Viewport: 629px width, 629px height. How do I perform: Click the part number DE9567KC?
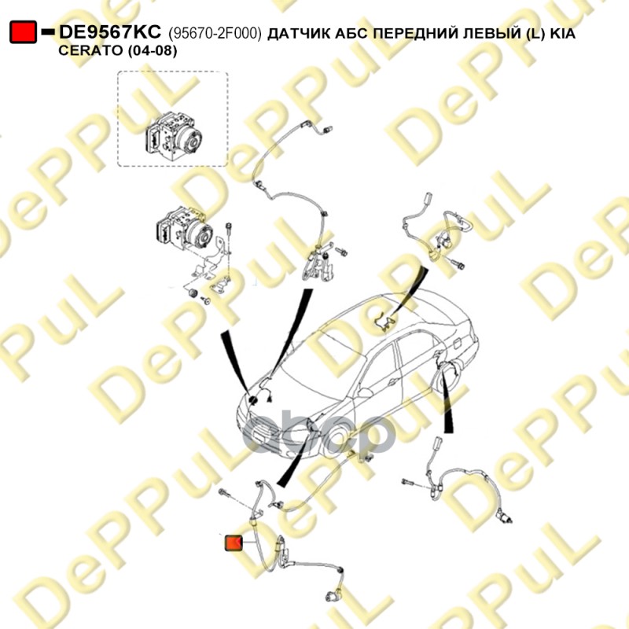[110, 31]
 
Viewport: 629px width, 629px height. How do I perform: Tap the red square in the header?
[23, 31]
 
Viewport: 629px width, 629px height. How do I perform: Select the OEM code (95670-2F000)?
[215, 33]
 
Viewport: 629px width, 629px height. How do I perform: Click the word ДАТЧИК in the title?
[294, 33]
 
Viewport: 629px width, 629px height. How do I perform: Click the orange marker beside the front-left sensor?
[234, 543]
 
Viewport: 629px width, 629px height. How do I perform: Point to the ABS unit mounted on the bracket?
[184, 229]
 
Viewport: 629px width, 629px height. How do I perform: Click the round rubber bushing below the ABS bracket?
[193, 292]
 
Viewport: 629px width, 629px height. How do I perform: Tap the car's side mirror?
[364, 392]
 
